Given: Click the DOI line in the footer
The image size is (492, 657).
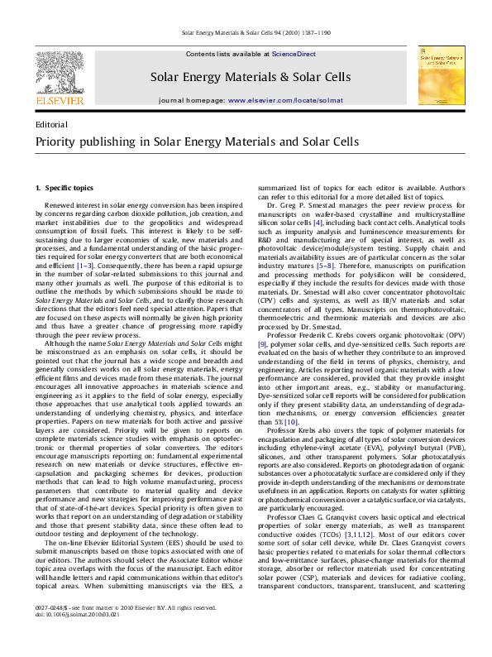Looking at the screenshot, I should [x=71, y=639].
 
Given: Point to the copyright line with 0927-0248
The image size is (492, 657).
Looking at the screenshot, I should [x=114, y=631].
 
